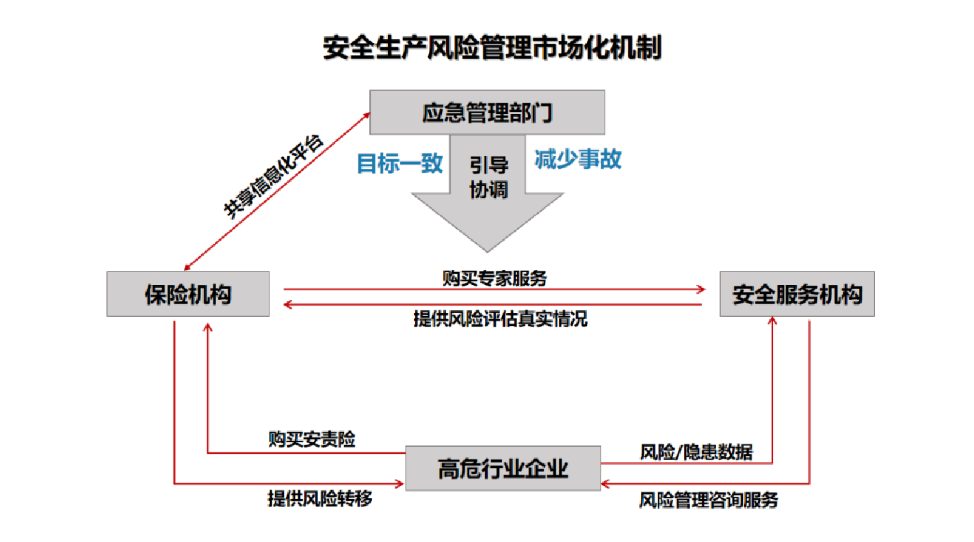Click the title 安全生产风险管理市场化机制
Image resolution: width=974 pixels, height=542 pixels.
pyautogui.click(x=492, y=49)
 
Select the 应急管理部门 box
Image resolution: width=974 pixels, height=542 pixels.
pyautogui.click(x=487, y=112)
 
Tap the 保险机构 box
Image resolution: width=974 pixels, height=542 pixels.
pyautogui.click(x=188, y=294)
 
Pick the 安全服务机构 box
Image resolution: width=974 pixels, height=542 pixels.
pyautogui.click(x=797, y=294)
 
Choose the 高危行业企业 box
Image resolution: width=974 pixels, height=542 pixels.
pyautogui.click(x=503, y=468)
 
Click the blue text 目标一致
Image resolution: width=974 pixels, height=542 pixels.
pyautogui.click(x=400, y=163)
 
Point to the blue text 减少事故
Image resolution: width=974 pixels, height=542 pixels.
pyautogui.click(x=578, y=159)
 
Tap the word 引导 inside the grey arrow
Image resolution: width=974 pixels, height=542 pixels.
pyautogui.click(x=488, y=165)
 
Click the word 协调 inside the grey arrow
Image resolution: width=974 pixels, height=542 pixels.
pyautogui.click(x=488, y=189)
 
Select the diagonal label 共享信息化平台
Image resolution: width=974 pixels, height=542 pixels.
pyautogui.click(x=274, y=176)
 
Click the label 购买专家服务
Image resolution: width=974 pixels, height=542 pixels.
pyautogui.click(x=495, y=277)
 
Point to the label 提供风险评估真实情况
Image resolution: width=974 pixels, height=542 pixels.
pyautogui.click(x=500, y=319)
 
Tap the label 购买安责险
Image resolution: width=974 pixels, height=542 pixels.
pyautogui.click(x=311, y=439)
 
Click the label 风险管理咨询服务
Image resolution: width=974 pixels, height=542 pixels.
pyautogui.click(x=709, y=500)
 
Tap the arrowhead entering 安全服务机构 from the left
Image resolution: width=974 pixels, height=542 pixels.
pyautogui.click(x=700, y=289)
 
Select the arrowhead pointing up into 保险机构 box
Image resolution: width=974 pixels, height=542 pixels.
pyautogui.click(x=207, y=326)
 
